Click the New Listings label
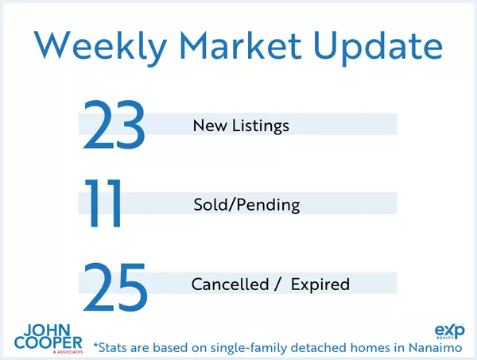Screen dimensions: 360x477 (240, 126)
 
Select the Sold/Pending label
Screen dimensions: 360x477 (246, 205)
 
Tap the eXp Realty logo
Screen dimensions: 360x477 (450, 332)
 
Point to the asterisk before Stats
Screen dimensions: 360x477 (96, 345)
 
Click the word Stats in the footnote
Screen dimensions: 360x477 (114, 346)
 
